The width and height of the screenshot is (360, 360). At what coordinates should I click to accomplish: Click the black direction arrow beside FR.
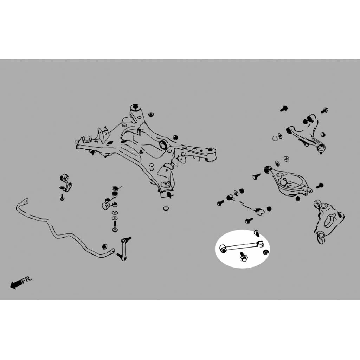tap(16, 284)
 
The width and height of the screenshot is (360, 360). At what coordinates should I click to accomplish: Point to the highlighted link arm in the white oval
tap(242, 246)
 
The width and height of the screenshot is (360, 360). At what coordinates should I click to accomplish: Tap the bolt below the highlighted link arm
tap(243, 257)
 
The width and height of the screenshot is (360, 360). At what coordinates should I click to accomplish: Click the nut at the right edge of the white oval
tap(266, 252)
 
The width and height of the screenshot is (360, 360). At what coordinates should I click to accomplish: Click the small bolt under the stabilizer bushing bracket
tap(62, 197)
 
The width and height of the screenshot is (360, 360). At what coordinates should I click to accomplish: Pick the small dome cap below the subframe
tap(166, 209)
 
